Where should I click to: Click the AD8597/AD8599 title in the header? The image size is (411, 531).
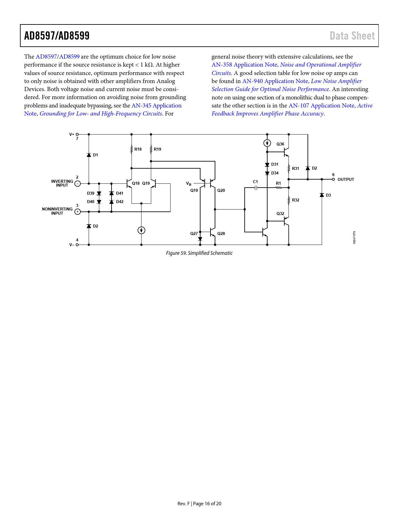[x=57, y=36]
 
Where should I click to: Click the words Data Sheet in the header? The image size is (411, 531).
[x=352, y=36]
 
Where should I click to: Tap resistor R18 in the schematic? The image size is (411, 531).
[x=132, y=149]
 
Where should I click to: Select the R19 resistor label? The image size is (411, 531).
[x=157, y=149]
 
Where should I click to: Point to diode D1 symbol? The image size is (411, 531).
[x=89, y=155]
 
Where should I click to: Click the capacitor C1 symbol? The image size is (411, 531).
[x=256, y=188]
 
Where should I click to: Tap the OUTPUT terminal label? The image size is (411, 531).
[x=346, y=180]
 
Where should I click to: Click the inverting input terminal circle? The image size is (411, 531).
[x=77, y=184]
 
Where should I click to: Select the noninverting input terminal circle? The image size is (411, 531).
[x=77, y=212]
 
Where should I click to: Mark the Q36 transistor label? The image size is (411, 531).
[x=280, y=144]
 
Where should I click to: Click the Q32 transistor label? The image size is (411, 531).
[x=280, y=214]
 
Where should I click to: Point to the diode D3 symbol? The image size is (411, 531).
[x=322, y=195]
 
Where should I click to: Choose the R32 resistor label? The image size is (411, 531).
[x=296, y=200]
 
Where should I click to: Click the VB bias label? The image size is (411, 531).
[x=189, y=184]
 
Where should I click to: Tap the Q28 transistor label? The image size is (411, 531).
[x=221, y=234]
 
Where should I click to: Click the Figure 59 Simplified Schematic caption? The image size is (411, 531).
[x=199, y=253]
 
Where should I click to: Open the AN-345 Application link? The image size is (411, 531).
[x=156, y=106]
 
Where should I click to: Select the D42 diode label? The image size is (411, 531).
[x=120, y=202]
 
